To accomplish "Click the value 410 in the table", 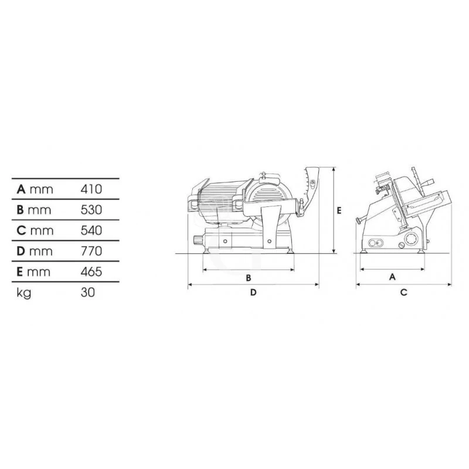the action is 91,189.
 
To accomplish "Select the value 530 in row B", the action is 91,210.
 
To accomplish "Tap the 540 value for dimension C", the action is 91,230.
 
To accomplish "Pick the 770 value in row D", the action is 91,252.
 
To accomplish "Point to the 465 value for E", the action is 91,272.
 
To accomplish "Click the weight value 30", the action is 87,292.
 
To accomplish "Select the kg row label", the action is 23,293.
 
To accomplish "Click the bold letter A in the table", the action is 21,189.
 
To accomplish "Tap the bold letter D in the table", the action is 21,252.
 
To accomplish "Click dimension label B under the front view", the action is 249,278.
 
